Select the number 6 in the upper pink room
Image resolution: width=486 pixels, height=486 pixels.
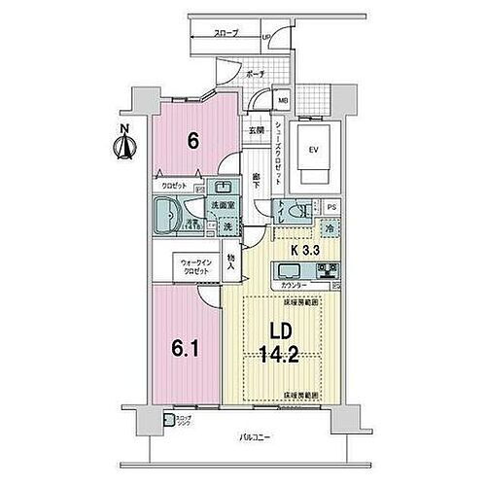[193, 140]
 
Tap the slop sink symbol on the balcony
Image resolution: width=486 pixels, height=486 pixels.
[181, 420]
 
